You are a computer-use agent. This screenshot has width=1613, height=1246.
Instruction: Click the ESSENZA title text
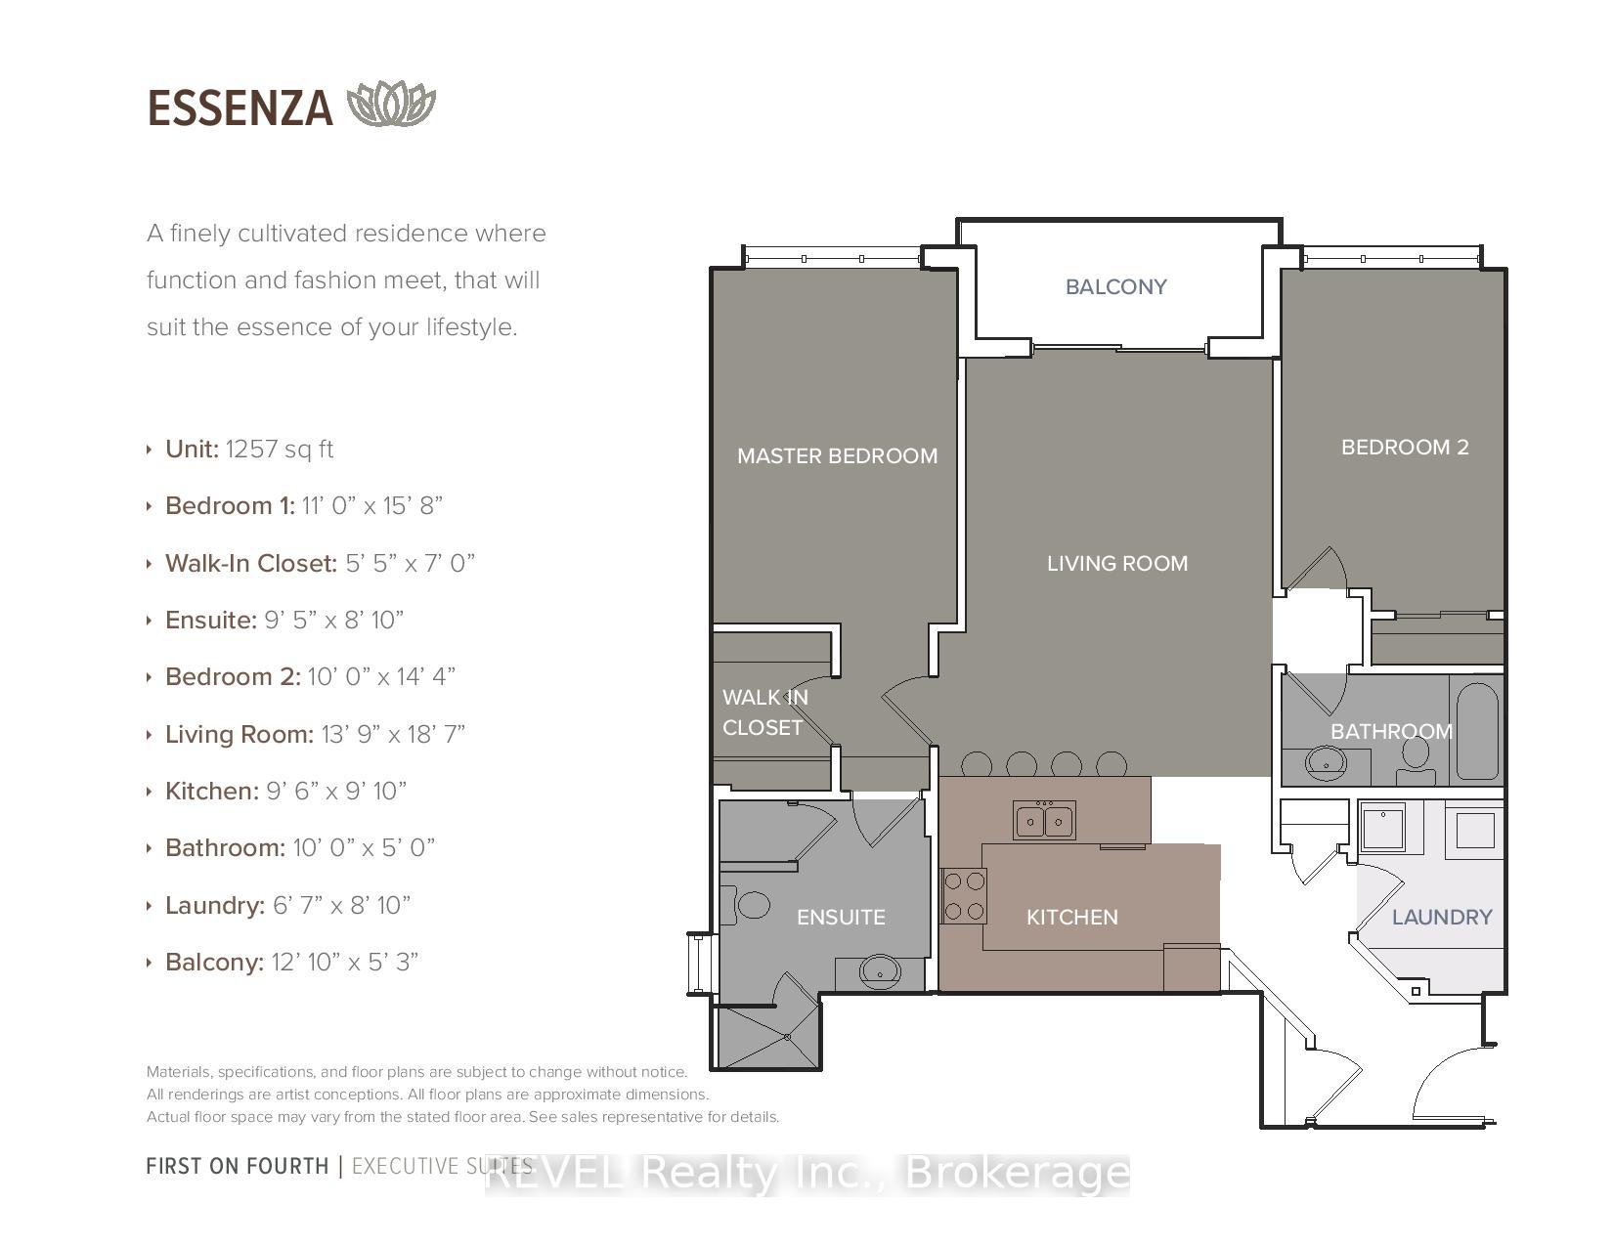point(240,108)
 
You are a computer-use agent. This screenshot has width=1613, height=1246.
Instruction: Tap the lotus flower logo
point(391,104)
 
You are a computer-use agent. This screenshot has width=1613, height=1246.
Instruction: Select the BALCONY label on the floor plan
point(1115,286)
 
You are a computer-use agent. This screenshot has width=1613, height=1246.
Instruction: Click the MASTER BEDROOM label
point(838,455)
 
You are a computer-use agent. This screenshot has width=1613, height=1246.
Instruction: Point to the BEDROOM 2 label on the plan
point(1405,447)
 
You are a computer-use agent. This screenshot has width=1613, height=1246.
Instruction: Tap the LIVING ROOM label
point(1117,563)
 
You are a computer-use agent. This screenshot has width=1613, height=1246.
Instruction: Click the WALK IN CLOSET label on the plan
point(765,712)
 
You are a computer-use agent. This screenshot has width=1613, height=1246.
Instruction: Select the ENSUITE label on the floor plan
point(841,918)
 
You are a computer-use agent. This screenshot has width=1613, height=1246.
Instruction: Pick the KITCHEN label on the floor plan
point(1071,918)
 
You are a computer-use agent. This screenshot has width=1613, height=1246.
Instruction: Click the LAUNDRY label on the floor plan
point(1442,918)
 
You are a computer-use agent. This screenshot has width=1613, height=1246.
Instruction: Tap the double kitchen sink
point(1044,820)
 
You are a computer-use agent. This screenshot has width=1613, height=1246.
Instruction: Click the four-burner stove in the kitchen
point(964,896)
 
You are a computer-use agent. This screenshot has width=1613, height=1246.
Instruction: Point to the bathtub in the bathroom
point(1477,731)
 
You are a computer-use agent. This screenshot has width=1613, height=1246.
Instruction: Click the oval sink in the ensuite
point(881,970)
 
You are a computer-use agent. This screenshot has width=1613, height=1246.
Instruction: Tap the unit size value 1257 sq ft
point(280,449)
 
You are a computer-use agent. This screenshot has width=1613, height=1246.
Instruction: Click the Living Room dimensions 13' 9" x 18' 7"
point(393,734)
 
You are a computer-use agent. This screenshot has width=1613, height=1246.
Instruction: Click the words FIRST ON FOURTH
point(238,1167)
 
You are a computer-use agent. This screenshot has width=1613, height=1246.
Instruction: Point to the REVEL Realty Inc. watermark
point(807,1174)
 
